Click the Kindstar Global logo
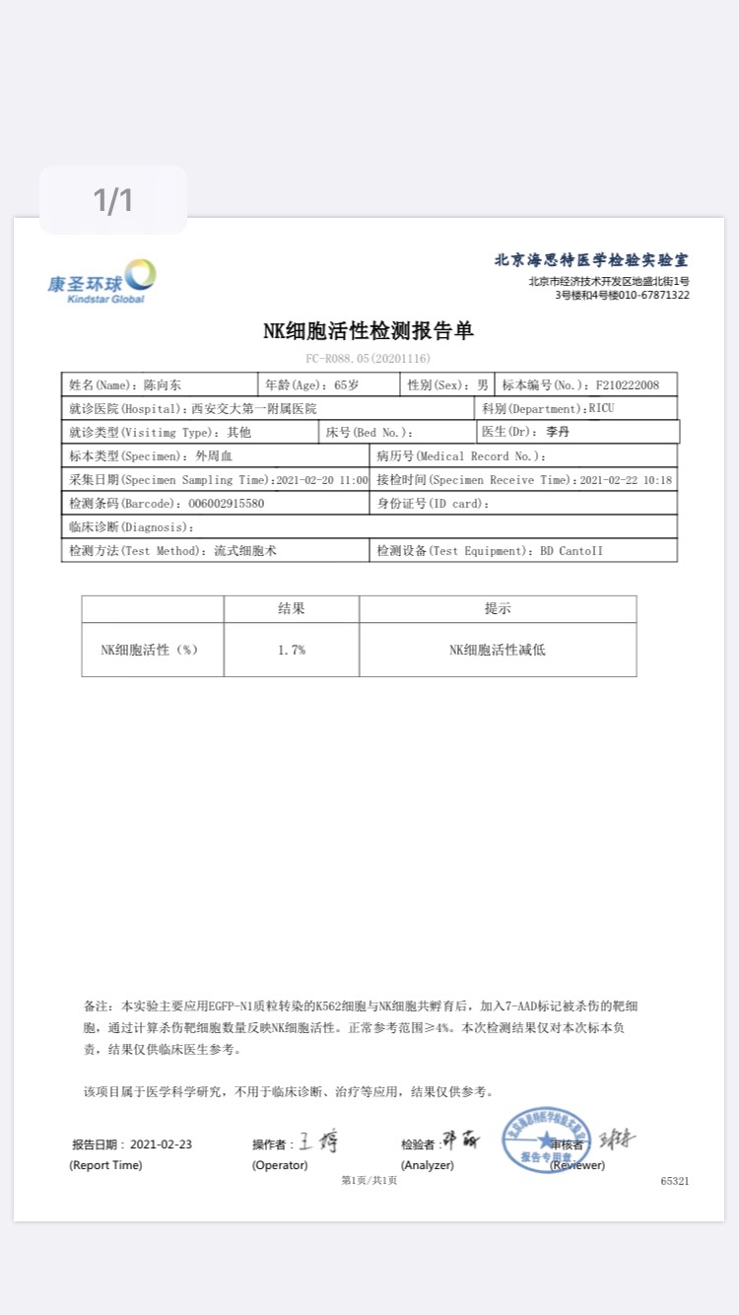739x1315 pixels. click(x=102, y=280)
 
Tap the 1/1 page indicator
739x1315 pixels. click(x=113, y=201)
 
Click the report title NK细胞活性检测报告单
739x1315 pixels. click(x=369, y=331)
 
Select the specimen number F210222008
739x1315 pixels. click(x=622, y=384)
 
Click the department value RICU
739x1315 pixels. click(x=601, y=408)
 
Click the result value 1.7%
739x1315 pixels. click(x=292, y=650)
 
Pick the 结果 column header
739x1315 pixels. click(x=292, y=609)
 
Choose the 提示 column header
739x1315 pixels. click(x=498, y=609)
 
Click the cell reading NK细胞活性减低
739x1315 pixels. click(x=498, y=650)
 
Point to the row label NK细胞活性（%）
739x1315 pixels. click(x=150, y=650)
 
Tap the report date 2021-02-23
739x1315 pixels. click(x=161, y=1144)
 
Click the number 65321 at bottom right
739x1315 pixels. click(x=675, y=1180)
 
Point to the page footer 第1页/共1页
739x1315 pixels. click(x=369, y=1180)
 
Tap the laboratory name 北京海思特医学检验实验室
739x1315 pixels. click(x=591, y=260)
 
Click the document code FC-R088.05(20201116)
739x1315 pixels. click(x=369, y=359)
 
